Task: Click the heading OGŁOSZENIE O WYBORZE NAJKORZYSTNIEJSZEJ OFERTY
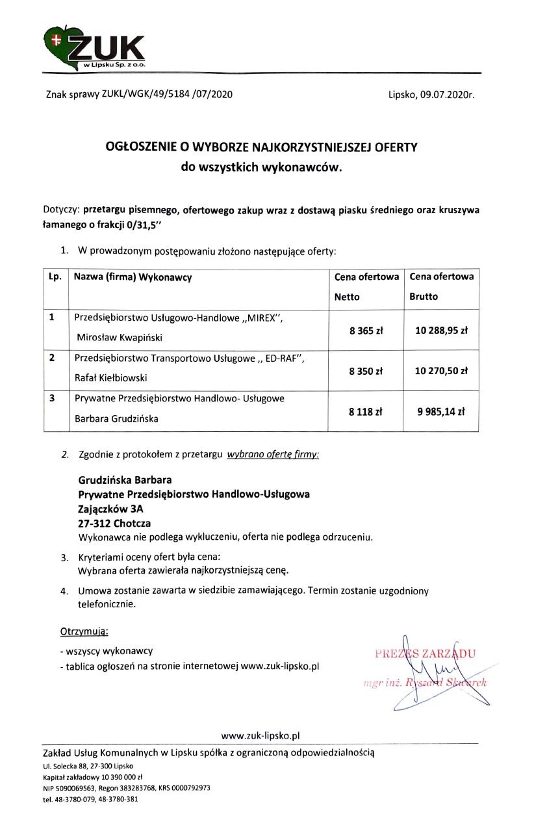[x=261, y=147]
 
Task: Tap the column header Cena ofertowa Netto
[x=366, y=286]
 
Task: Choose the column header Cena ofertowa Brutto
[x=441, y=286]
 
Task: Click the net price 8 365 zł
[x=366, y=330]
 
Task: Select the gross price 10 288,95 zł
[x=441, y=330]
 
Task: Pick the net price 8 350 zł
[x=366, y=371]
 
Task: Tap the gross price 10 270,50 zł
[x=441, y=371]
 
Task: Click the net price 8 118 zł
[x=366, y=411]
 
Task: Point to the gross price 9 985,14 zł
[x=441, y=411]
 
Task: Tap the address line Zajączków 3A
[x=110, y=510]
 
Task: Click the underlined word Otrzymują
[x=84, y=631]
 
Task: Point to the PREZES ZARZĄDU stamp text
[x=425, y=653]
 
